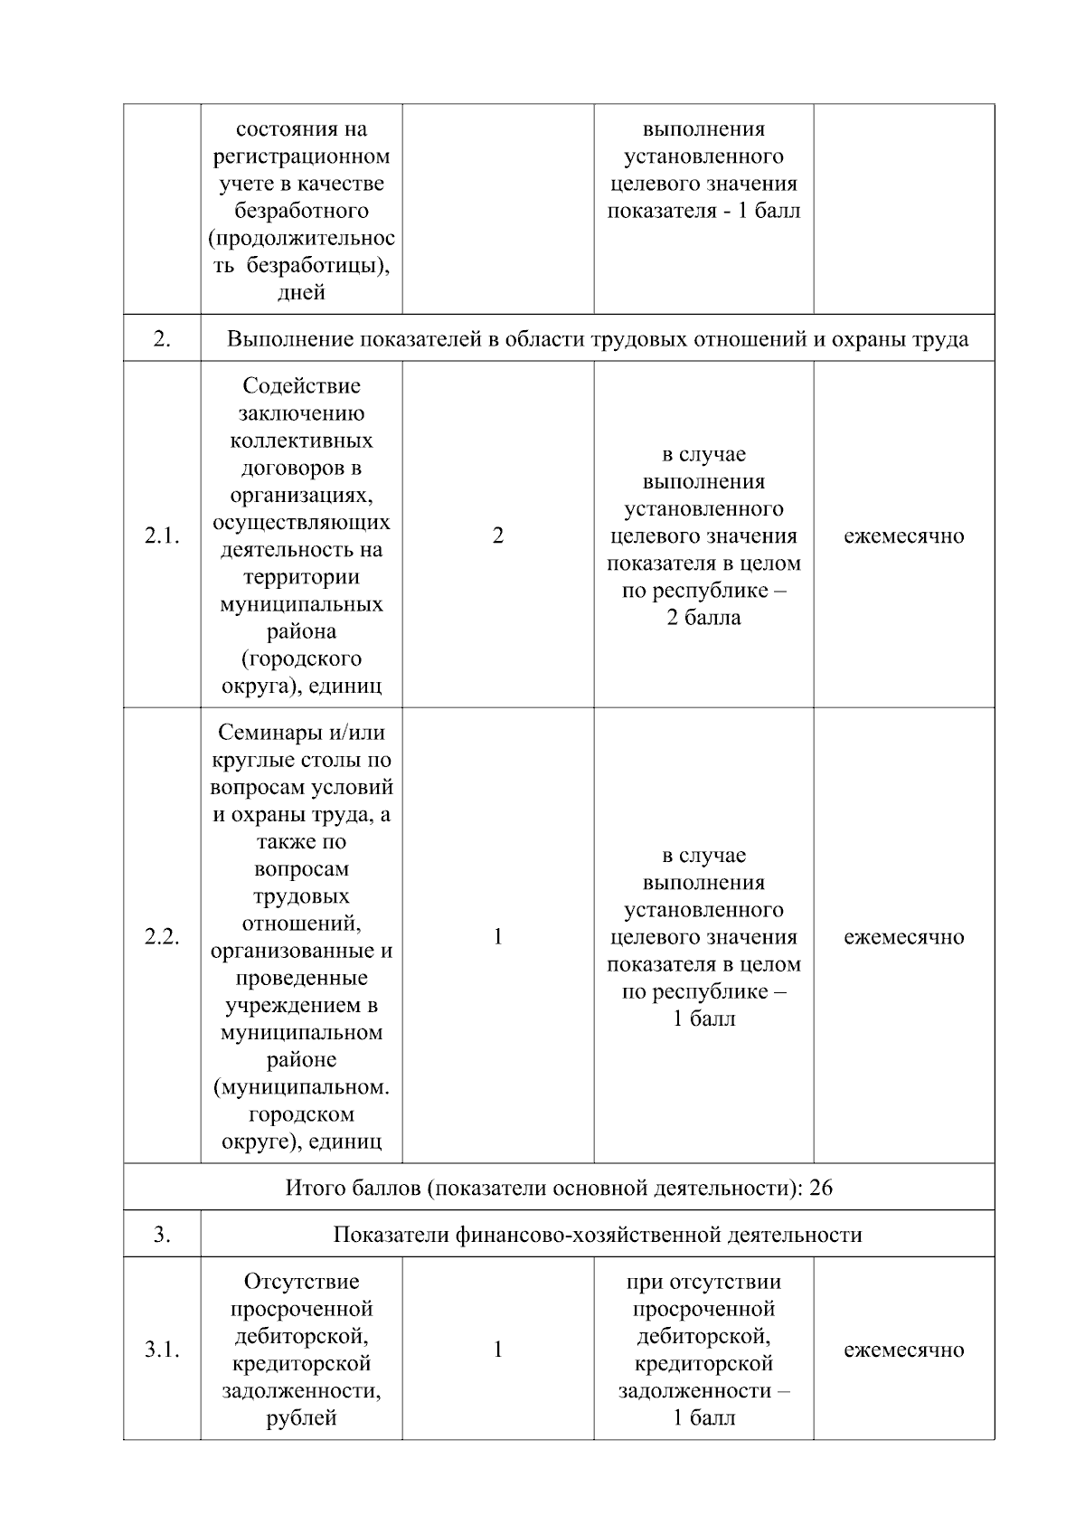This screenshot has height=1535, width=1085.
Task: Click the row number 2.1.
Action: tap(162, 535)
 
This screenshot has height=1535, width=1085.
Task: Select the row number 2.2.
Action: tap(162, 937)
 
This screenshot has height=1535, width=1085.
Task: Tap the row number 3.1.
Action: tap(162, 1350)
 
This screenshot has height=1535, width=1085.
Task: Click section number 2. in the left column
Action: tap(162, 339)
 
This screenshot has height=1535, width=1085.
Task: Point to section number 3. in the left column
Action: tap(162, 1235)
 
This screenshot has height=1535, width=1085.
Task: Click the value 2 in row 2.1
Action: tap(497, 535)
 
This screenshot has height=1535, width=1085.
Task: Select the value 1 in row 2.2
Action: tap(497, 937)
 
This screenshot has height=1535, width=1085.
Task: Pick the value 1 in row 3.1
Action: tap(497, 1350)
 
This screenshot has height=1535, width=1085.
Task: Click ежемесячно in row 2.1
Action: tap(903, 535)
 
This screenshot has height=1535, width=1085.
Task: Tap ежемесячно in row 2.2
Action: tap(903, 937)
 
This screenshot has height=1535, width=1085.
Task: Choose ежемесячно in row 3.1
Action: tap(903, 1350)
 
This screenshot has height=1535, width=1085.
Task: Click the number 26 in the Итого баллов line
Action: tap(821, 1188)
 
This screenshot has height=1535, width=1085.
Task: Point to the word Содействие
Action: tap(301, 386)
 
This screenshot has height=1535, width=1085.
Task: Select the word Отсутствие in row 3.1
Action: tap(301, 1282)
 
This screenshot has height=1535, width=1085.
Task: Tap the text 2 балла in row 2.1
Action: tap(703, 618)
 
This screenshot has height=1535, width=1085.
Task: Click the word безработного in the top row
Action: tap(301, 211)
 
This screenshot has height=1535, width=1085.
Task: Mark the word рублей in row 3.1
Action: tap(301, 1418)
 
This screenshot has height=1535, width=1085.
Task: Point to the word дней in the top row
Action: tap(301, 292)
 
